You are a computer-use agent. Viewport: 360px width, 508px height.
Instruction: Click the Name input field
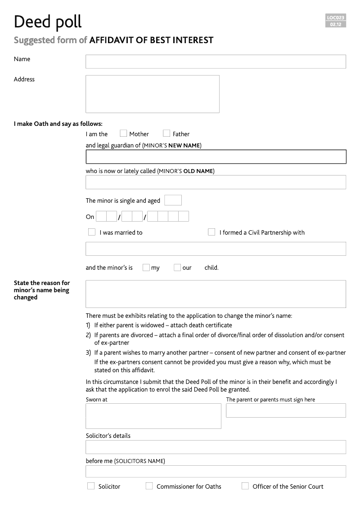[216, 62]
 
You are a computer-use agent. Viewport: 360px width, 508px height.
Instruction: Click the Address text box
[152, 94]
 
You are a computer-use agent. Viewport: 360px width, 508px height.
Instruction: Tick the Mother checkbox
[123, 134]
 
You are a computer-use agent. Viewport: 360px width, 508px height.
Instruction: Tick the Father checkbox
[166, 134]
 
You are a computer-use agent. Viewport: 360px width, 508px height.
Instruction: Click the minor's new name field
[216, 156]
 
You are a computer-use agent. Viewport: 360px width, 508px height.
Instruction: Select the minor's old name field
[216, 182]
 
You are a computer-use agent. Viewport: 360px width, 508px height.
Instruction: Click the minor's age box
[173, 200]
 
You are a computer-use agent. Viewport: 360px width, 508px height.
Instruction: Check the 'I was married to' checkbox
[92, 232]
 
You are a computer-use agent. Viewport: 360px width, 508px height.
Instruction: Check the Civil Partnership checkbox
[211, 232]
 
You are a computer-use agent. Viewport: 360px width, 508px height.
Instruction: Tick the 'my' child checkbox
[146, 267]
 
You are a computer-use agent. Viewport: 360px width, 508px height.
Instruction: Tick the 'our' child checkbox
[177, 267]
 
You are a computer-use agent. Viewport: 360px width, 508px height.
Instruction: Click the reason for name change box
[216, 294]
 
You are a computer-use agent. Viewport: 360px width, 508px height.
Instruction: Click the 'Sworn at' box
[153, 416]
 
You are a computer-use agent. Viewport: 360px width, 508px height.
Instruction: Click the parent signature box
[286, 410]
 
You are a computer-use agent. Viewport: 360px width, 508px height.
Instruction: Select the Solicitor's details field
[216, 447]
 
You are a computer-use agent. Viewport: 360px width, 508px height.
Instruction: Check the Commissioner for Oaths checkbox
[149, 486]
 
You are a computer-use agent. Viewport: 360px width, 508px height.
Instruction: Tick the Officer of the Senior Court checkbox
[245, 486]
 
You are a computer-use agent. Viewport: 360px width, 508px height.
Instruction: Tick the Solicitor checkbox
[91, 486]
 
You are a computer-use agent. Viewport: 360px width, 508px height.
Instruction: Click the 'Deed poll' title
[48, 22]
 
